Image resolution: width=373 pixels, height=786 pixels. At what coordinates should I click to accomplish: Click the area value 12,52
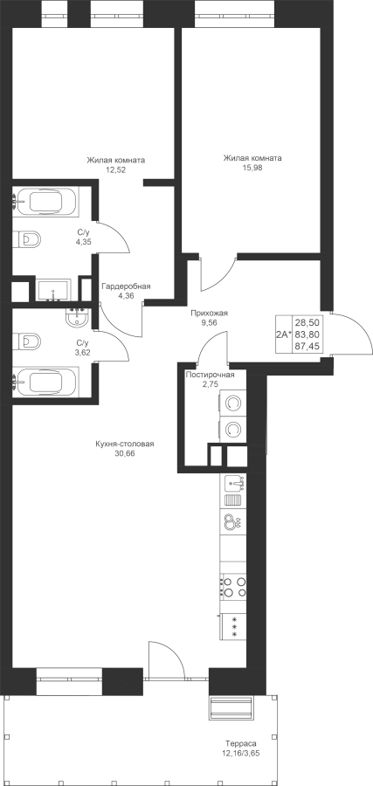[x=116, y=169]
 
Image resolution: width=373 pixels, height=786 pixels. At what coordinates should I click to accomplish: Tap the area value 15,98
[x=252, y=168]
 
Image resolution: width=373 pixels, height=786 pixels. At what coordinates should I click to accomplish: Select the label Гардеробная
[x=126, y=286]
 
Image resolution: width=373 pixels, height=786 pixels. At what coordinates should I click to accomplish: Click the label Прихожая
[x=209, y=314]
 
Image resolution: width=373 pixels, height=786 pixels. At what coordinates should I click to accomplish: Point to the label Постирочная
[x=210, y=375]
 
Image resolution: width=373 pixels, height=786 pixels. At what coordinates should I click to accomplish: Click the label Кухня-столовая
[x=125, y=444]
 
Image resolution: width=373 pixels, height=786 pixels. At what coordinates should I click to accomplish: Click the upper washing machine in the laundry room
[x=232, y=403]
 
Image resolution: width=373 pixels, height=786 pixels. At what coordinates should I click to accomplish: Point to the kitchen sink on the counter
[x=233, y=484]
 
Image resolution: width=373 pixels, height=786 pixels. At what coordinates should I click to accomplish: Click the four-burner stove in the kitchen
[x=233, y=587]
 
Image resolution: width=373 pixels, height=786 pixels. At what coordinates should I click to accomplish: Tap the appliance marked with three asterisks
[x=233, y=625]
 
